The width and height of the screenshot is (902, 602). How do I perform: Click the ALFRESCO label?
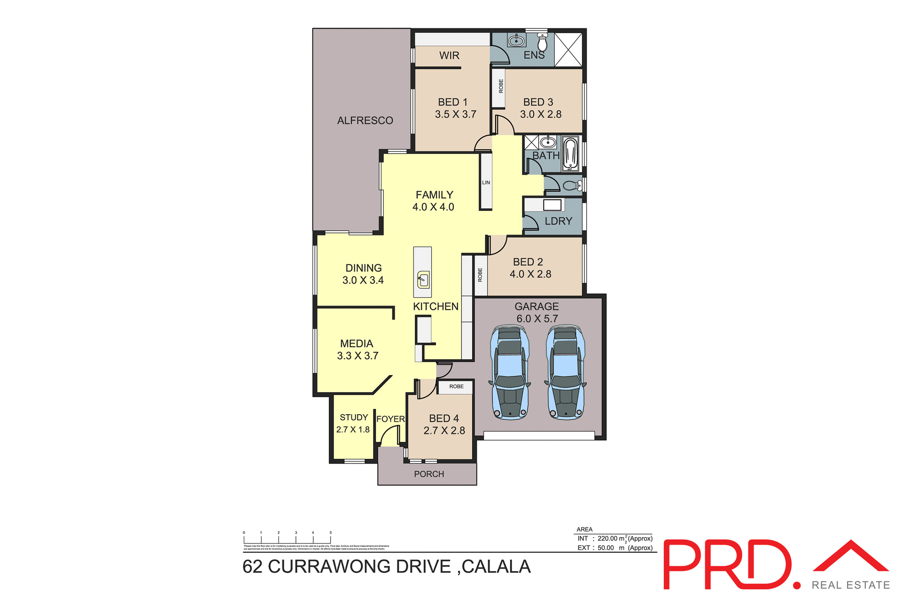tap(365, 121)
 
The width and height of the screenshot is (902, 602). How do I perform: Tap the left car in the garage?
tap(510, 372)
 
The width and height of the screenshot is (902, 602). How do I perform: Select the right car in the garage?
tap(566, 372)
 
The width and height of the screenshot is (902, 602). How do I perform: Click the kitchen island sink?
tap(423, 280)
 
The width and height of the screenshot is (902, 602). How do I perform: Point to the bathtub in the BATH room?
tap(570, 154)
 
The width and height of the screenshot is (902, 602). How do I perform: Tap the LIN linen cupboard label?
tap(486, 183)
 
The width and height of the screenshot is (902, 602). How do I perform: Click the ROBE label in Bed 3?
tap(501, 86)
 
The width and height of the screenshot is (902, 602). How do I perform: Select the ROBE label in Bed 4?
tap(456, 386)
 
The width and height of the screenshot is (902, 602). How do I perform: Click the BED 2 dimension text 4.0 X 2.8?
tap(530, 274)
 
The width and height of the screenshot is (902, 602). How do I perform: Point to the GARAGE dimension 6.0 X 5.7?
tap(537, 319)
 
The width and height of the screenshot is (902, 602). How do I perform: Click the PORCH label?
tap(429, 474)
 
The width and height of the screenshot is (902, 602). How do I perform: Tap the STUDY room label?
tap(354, 417)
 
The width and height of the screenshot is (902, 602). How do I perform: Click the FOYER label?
tap(390, 419)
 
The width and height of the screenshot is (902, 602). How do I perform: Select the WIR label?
tap(449, 55)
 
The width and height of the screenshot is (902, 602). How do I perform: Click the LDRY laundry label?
tap(558, 221)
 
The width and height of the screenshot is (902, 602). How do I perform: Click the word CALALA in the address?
tap(496, 567)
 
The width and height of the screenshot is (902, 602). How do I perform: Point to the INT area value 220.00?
tap(607, 539)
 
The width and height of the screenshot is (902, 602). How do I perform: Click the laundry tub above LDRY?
tap(552, 205)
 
